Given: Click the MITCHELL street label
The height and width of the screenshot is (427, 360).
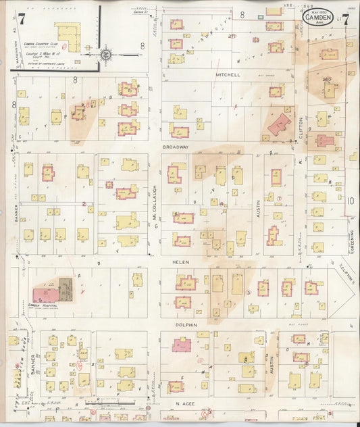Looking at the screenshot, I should pyautogui.click(x=228, y=75).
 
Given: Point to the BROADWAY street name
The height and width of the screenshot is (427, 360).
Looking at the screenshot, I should pyautogui.click(x=174, y=146).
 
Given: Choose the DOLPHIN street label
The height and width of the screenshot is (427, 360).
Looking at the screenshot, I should pyautogui.click(x=186, y=324).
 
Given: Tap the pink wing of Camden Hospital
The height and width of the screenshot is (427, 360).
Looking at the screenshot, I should pyautogui.click(x=45, y=295).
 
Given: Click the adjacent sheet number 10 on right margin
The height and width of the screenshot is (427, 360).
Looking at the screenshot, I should pyautogui.click(x=350, y=201).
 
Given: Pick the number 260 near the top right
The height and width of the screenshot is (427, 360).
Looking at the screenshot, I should pyautogui.click(x=328, y=79).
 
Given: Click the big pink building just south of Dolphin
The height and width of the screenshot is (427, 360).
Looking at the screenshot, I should pyautogui.click(x=181, y=345).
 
